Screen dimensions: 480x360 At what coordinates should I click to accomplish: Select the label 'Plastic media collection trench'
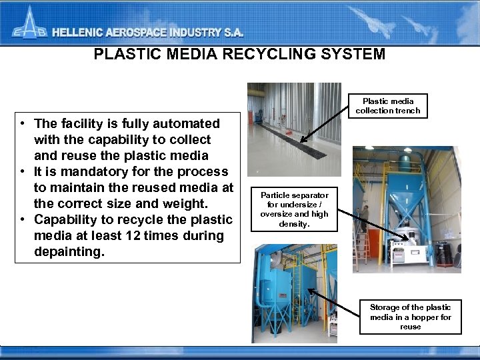point(388,106)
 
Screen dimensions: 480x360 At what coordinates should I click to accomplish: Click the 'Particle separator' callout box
point(294,209)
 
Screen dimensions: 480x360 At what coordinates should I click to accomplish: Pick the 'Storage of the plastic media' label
point(410,317)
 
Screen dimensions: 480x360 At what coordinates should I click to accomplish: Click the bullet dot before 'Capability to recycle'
point(23,219)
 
